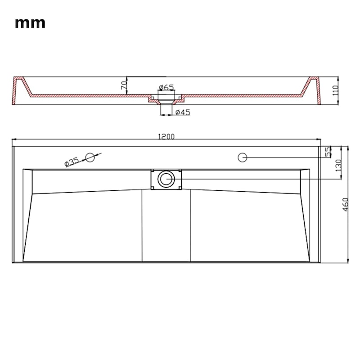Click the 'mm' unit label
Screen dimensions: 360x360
(30, 23)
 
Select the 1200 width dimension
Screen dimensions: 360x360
(166, 136)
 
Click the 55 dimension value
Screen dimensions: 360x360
(328, 152)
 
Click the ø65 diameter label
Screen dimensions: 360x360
(166, 87)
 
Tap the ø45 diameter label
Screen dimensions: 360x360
(182, 112)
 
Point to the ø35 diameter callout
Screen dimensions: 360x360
(72, 162)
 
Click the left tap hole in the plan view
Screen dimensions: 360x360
(90, 157)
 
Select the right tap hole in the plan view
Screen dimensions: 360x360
(242, 157)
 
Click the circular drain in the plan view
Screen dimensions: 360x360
(166, 179)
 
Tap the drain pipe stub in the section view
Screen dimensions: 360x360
(166, 108)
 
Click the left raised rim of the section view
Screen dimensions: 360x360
(19, 90)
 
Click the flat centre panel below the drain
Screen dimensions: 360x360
(166, 225)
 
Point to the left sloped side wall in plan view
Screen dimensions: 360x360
(28, 216)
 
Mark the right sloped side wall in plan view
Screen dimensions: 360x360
(305, 216)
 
